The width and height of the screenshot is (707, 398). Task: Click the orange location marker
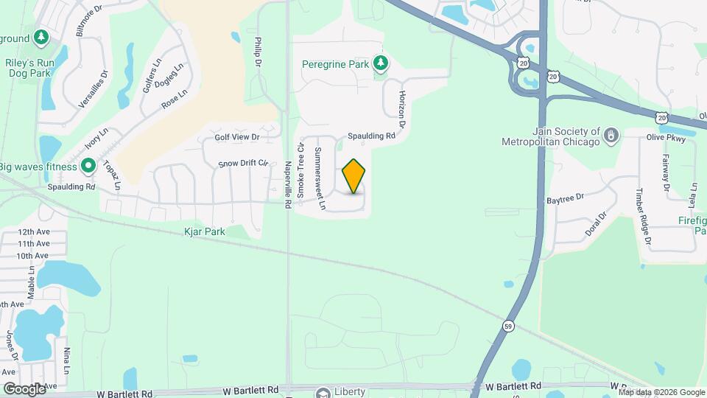[354, 176]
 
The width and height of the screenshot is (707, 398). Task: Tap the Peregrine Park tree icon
[380, 64]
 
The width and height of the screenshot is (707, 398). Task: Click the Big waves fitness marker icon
[88, 166]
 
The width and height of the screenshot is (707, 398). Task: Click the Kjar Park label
[204, 231]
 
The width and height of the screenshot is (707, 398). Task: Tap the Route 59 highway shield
[509, 325]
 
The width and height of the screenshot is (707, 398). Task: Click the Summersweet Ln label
[320, 179]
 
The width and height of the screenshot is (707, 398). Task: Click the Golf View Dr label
[237, 137]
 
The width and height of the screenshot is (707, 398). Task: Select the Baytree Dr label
[565, 198]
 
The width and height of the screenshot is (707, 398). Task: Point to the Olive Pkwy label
[666, 137]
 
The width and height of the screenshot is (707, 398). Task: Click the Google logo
[24, 388]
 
